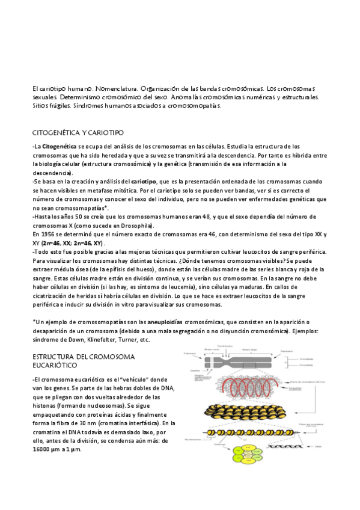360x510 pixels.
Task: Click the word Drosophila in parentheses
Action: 136,226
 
